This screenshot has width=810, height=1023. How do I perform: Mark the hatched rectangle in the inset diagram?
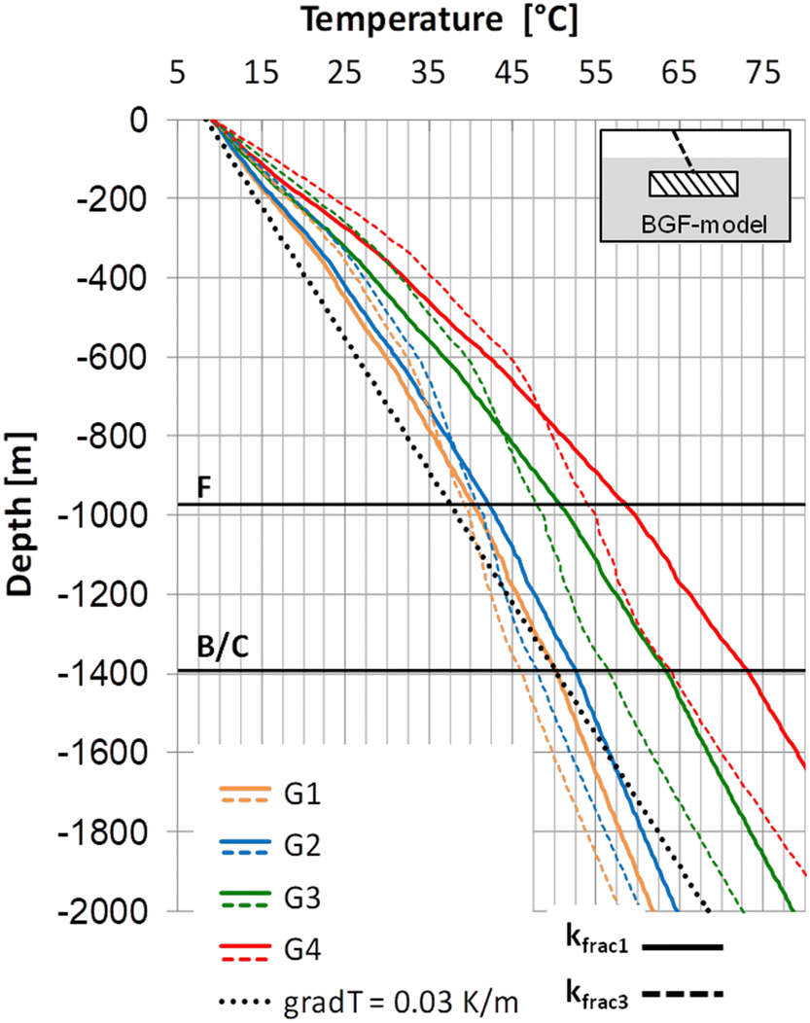[x=693, y=183]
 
